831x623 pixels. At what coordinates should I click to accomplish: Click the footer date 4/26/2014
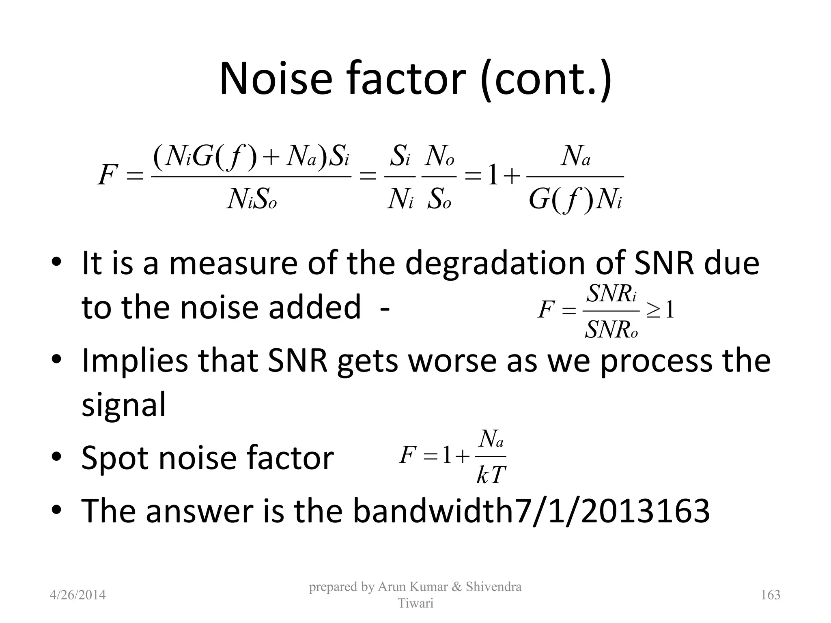(x=78, y=595)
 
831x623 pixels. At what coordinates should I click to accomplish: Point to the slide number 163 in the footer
(x=771, y=595)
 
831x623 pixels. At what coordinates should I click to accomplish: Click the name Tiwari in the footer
(x=415, y=604)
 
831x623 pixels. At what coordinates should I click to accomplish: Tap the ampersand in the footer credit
(x=457, y=586)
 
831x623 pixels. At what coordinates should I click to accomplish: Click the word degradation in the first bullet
(x=495, y=264)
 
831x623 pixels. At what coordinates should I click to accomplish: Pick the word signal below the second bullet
(x=124, y=404)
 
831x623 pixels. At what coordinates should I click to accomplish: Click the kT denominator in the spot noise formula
(x=491, y=475)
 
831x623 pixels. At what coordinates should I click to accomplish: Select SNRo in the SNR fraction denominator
(x=611, y=329)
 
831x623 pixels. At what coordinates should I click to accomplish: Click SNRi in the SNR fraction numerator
(x=611, y=294)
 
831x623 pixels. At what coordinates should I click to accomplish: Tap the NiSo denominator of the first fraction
(x=252, y=200)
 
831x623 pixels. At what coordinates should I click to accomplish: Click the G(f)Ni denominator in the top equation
(x=575, y=200)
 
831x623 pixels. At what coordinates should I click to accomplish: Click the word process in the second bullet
(x=656, y=361)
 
